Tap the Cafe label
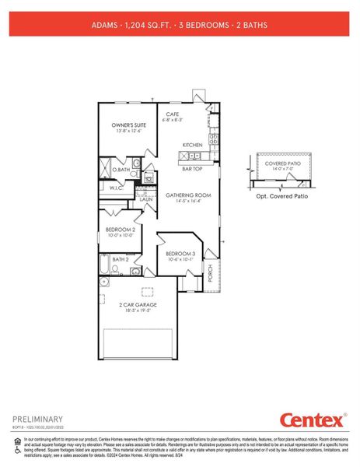[173, 114]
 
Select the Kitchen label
[193, 145]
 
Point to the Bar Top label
[193, 167]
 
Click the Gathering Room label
[189, 195]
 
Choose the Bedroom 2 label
[121, 230]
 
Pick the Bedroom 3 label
[180, 254]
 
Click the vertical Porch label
[210, 272]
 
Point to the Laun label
[145, 199]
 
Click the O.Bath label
[121, 169]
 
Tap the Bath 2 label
[121, 259]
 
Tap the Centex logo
[313, 421]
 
